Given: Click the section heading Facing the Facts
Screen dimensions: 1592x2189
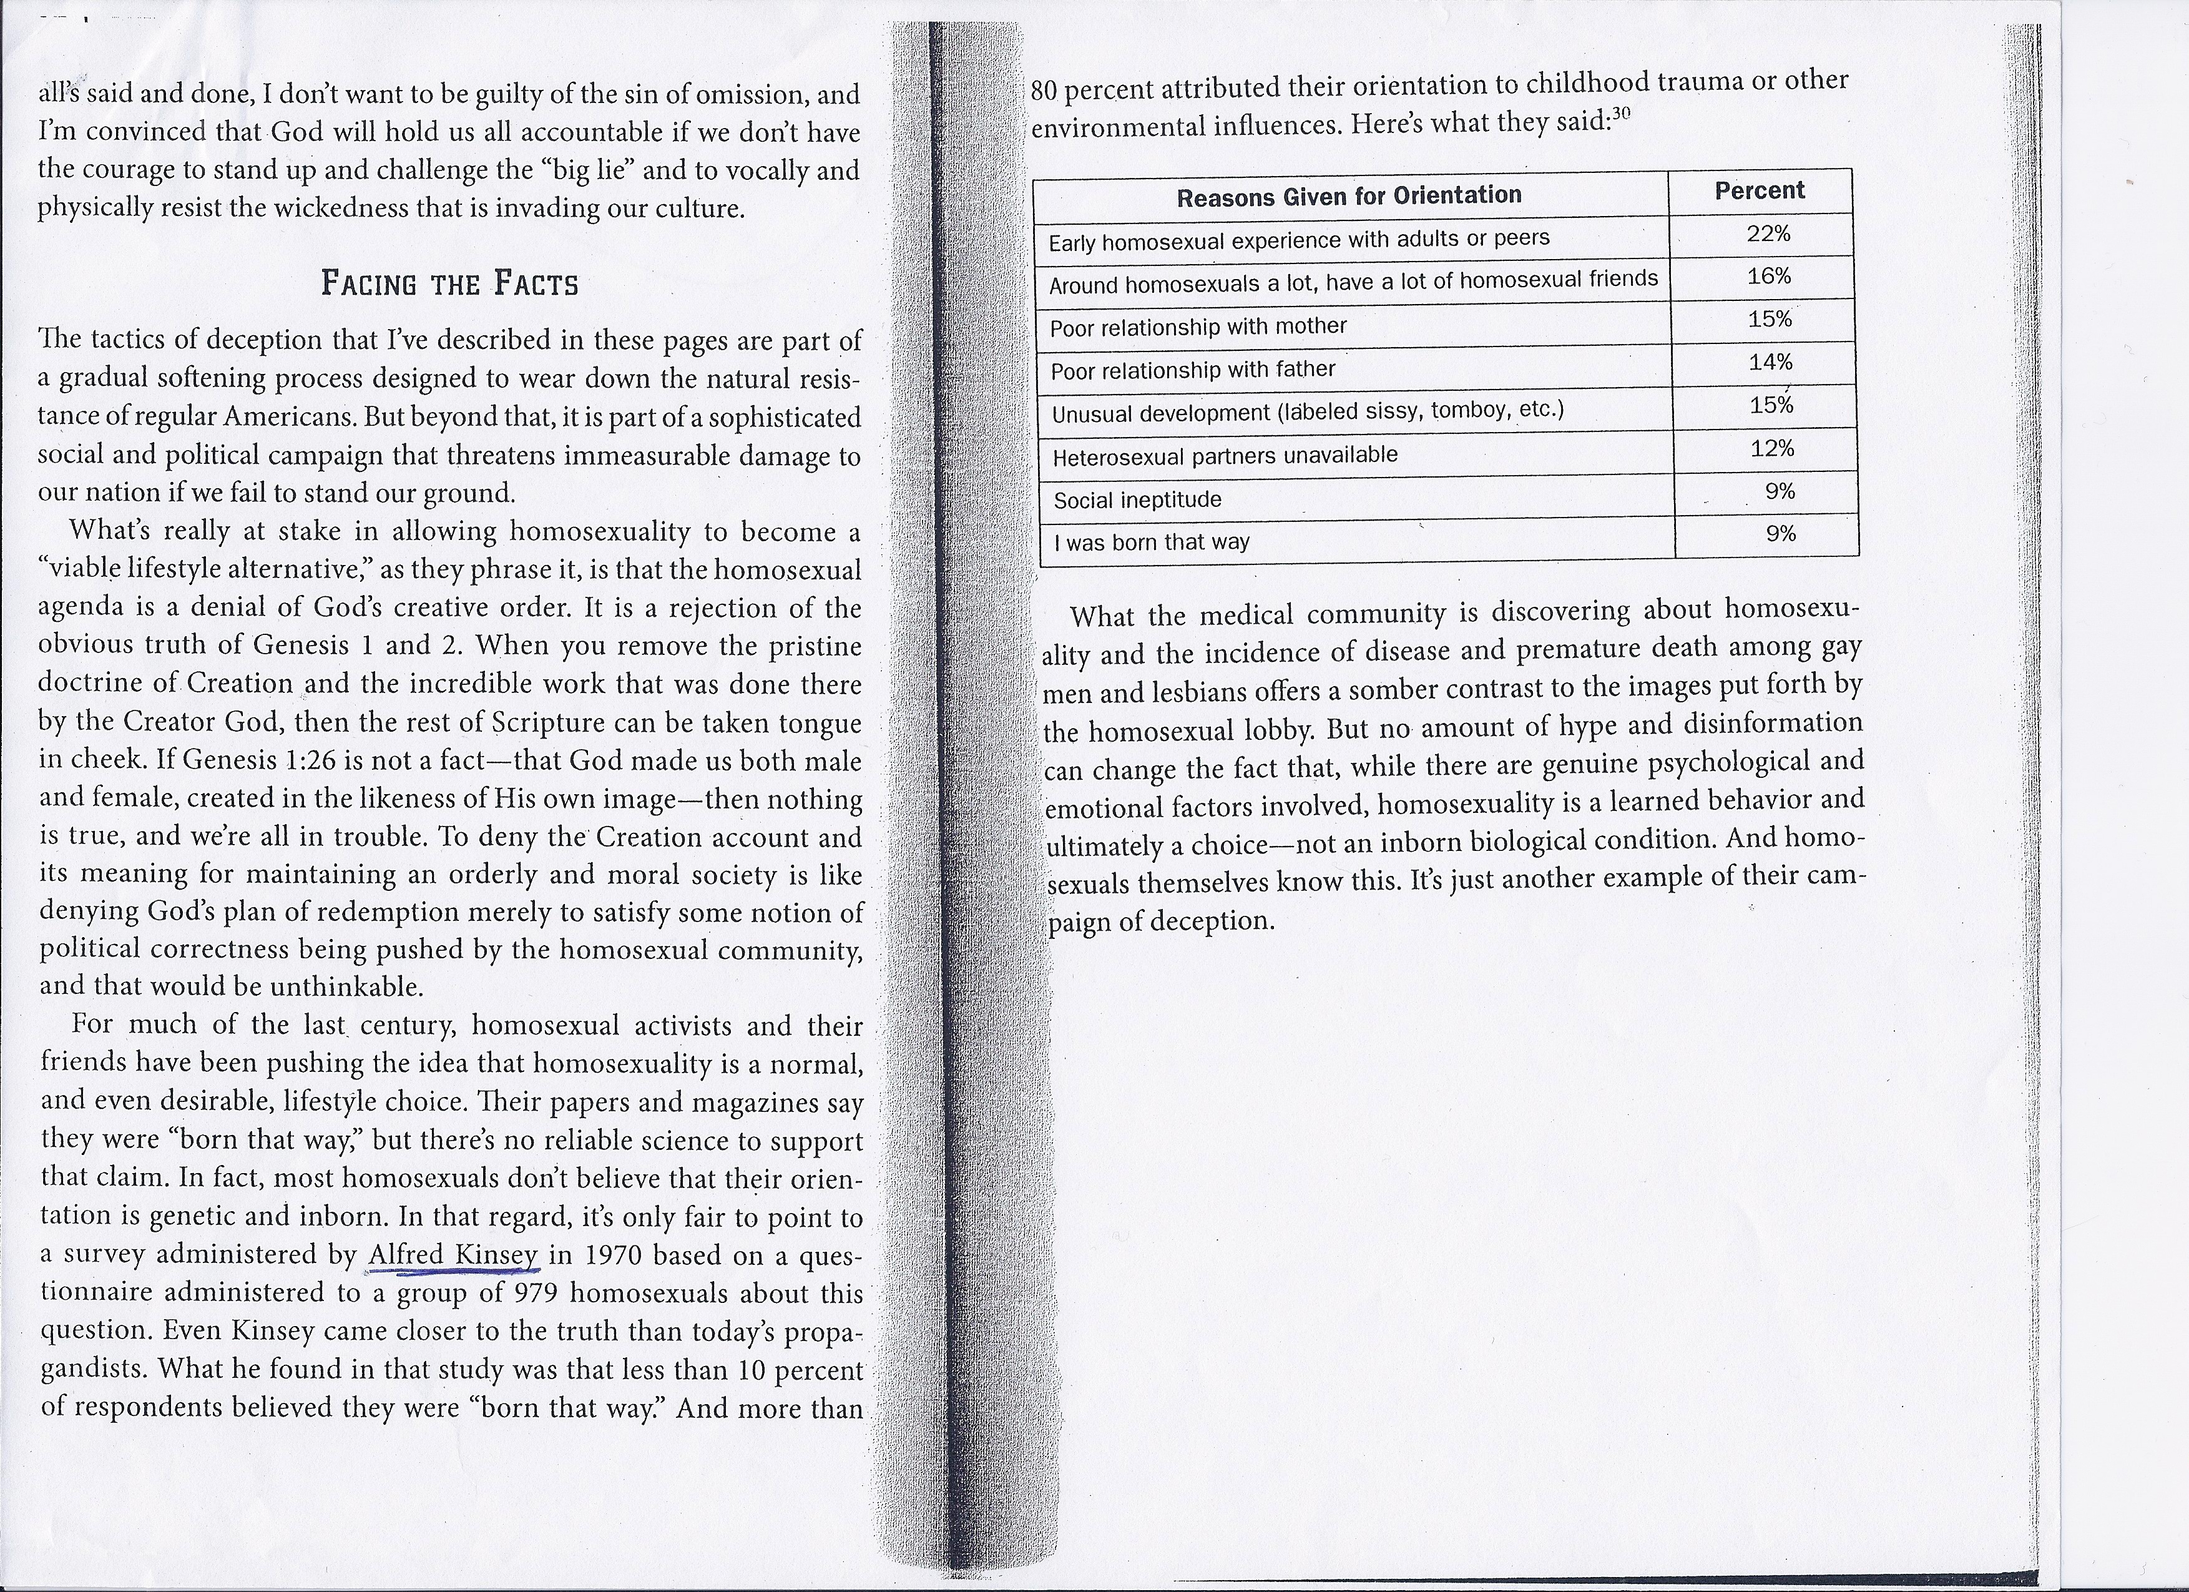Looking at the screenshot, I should [x=450, y=284].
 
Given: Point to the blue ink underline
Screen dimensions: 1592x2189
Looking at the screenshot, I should [x=452, y=1272].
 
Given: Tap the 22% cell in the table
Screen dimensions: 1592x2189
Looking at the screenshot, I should [x=1768, y=233].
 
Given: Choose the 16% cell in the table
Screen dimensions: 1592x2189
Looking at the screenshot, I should [x=1769, y=276].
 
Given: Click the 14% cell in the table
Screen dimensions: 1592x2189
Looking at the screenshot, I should [x=1770, y=362].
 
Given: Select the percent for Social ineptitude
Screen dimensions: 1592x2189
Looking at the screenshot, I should [x=1780, y=491].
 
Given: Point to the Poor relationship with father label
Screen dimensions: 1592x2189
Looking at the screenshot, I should [x=1192, y=370].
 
